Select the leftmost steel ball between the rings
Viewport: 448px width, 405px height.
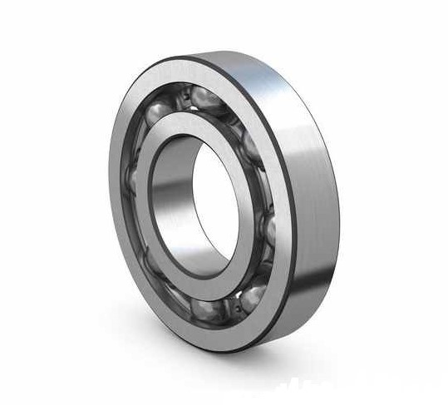coord(131,179)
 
